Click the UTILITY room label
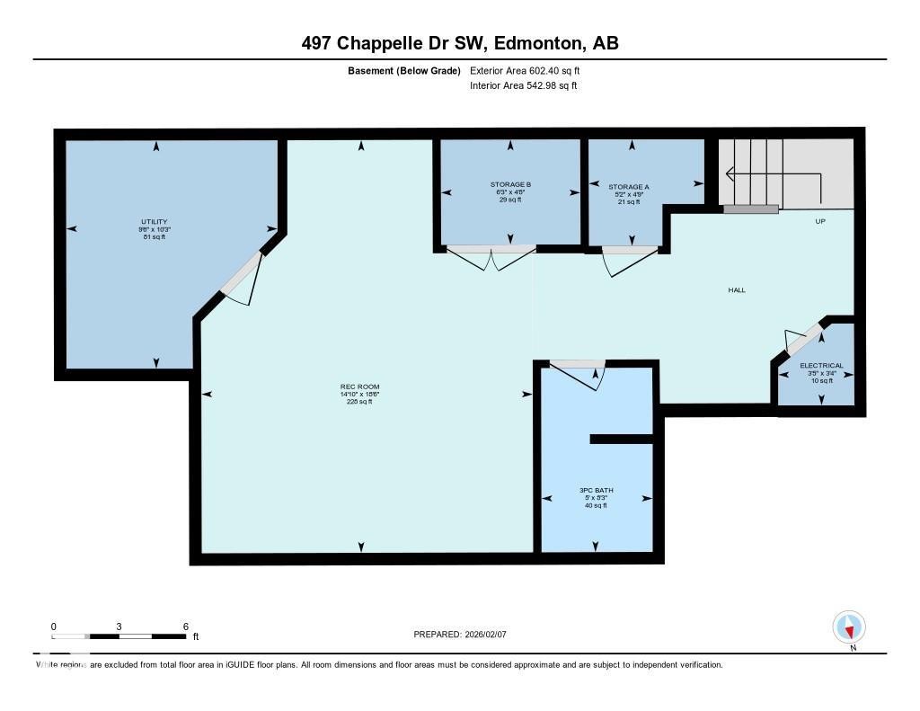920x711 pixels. [155, 222]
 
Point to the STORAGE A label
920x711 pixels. [628, 187]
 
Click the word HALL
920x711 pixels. [736, 290]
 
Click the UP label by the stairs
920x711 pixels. [819, 221]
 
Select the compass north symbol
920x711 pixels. [849, 627]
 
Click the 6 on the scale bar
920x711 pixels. [185, 626]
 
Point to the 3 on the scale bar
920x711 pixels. [119, 626]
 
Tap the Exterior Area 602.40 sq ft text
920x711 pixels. [531, 70]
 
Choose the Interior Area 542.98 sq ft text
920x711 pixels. [524, 86]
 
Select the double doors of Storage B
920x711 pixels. [491, 256]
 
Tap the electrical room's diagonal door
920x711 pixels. [802, 340]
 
